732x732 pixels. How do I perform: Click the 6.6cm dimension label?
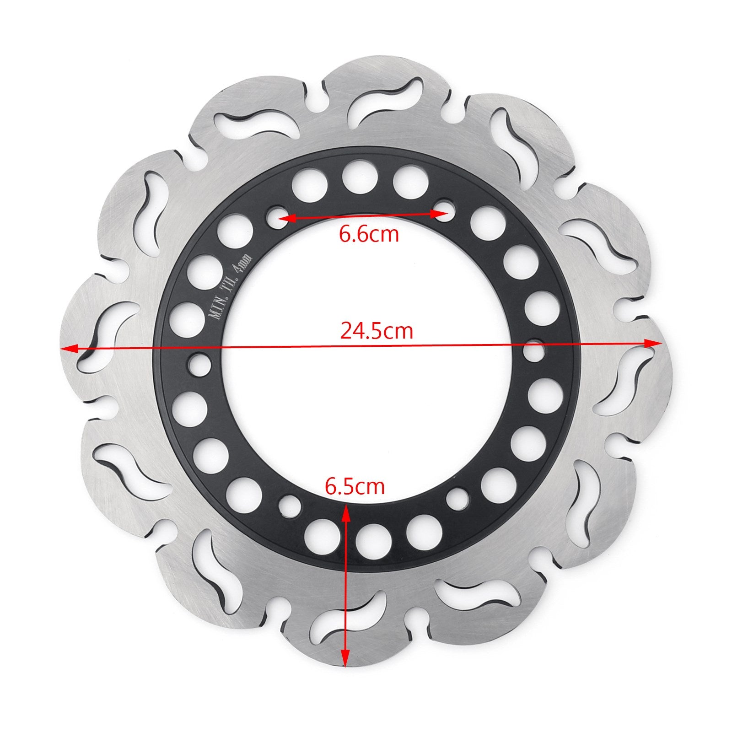pyautogui.click(x=369, y=234)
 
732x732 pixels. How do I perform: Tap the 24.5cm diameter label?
pyautogui.click(x=377, y=330)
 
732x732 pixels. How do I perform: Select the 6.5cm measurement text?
pyautogui.click(x=355, y=486)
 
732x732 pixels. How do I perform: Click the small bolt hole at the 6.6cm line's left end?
pyautogui.click(x=276, y=215)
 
